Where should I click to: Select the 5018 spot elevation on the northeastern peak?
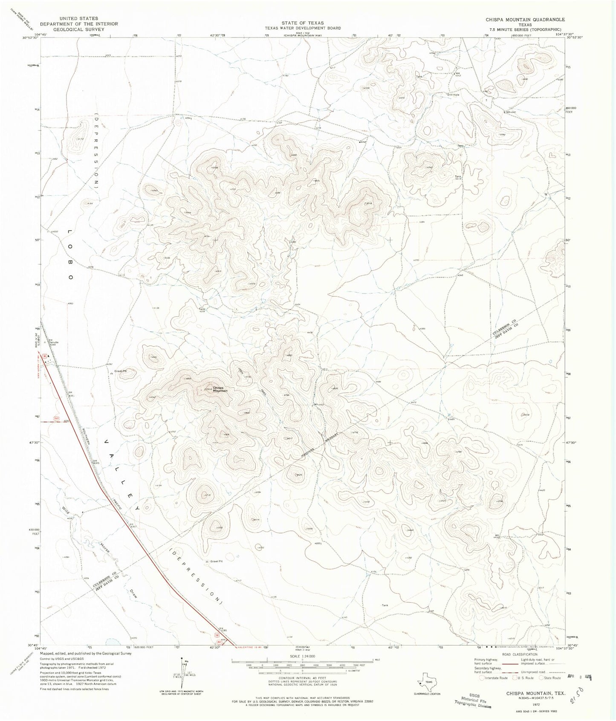pos(369,203)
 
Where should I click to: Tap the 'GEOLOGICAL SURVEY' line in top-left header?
pos(79,29)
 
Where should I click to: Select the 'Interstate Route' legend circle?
pos(482,677)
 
